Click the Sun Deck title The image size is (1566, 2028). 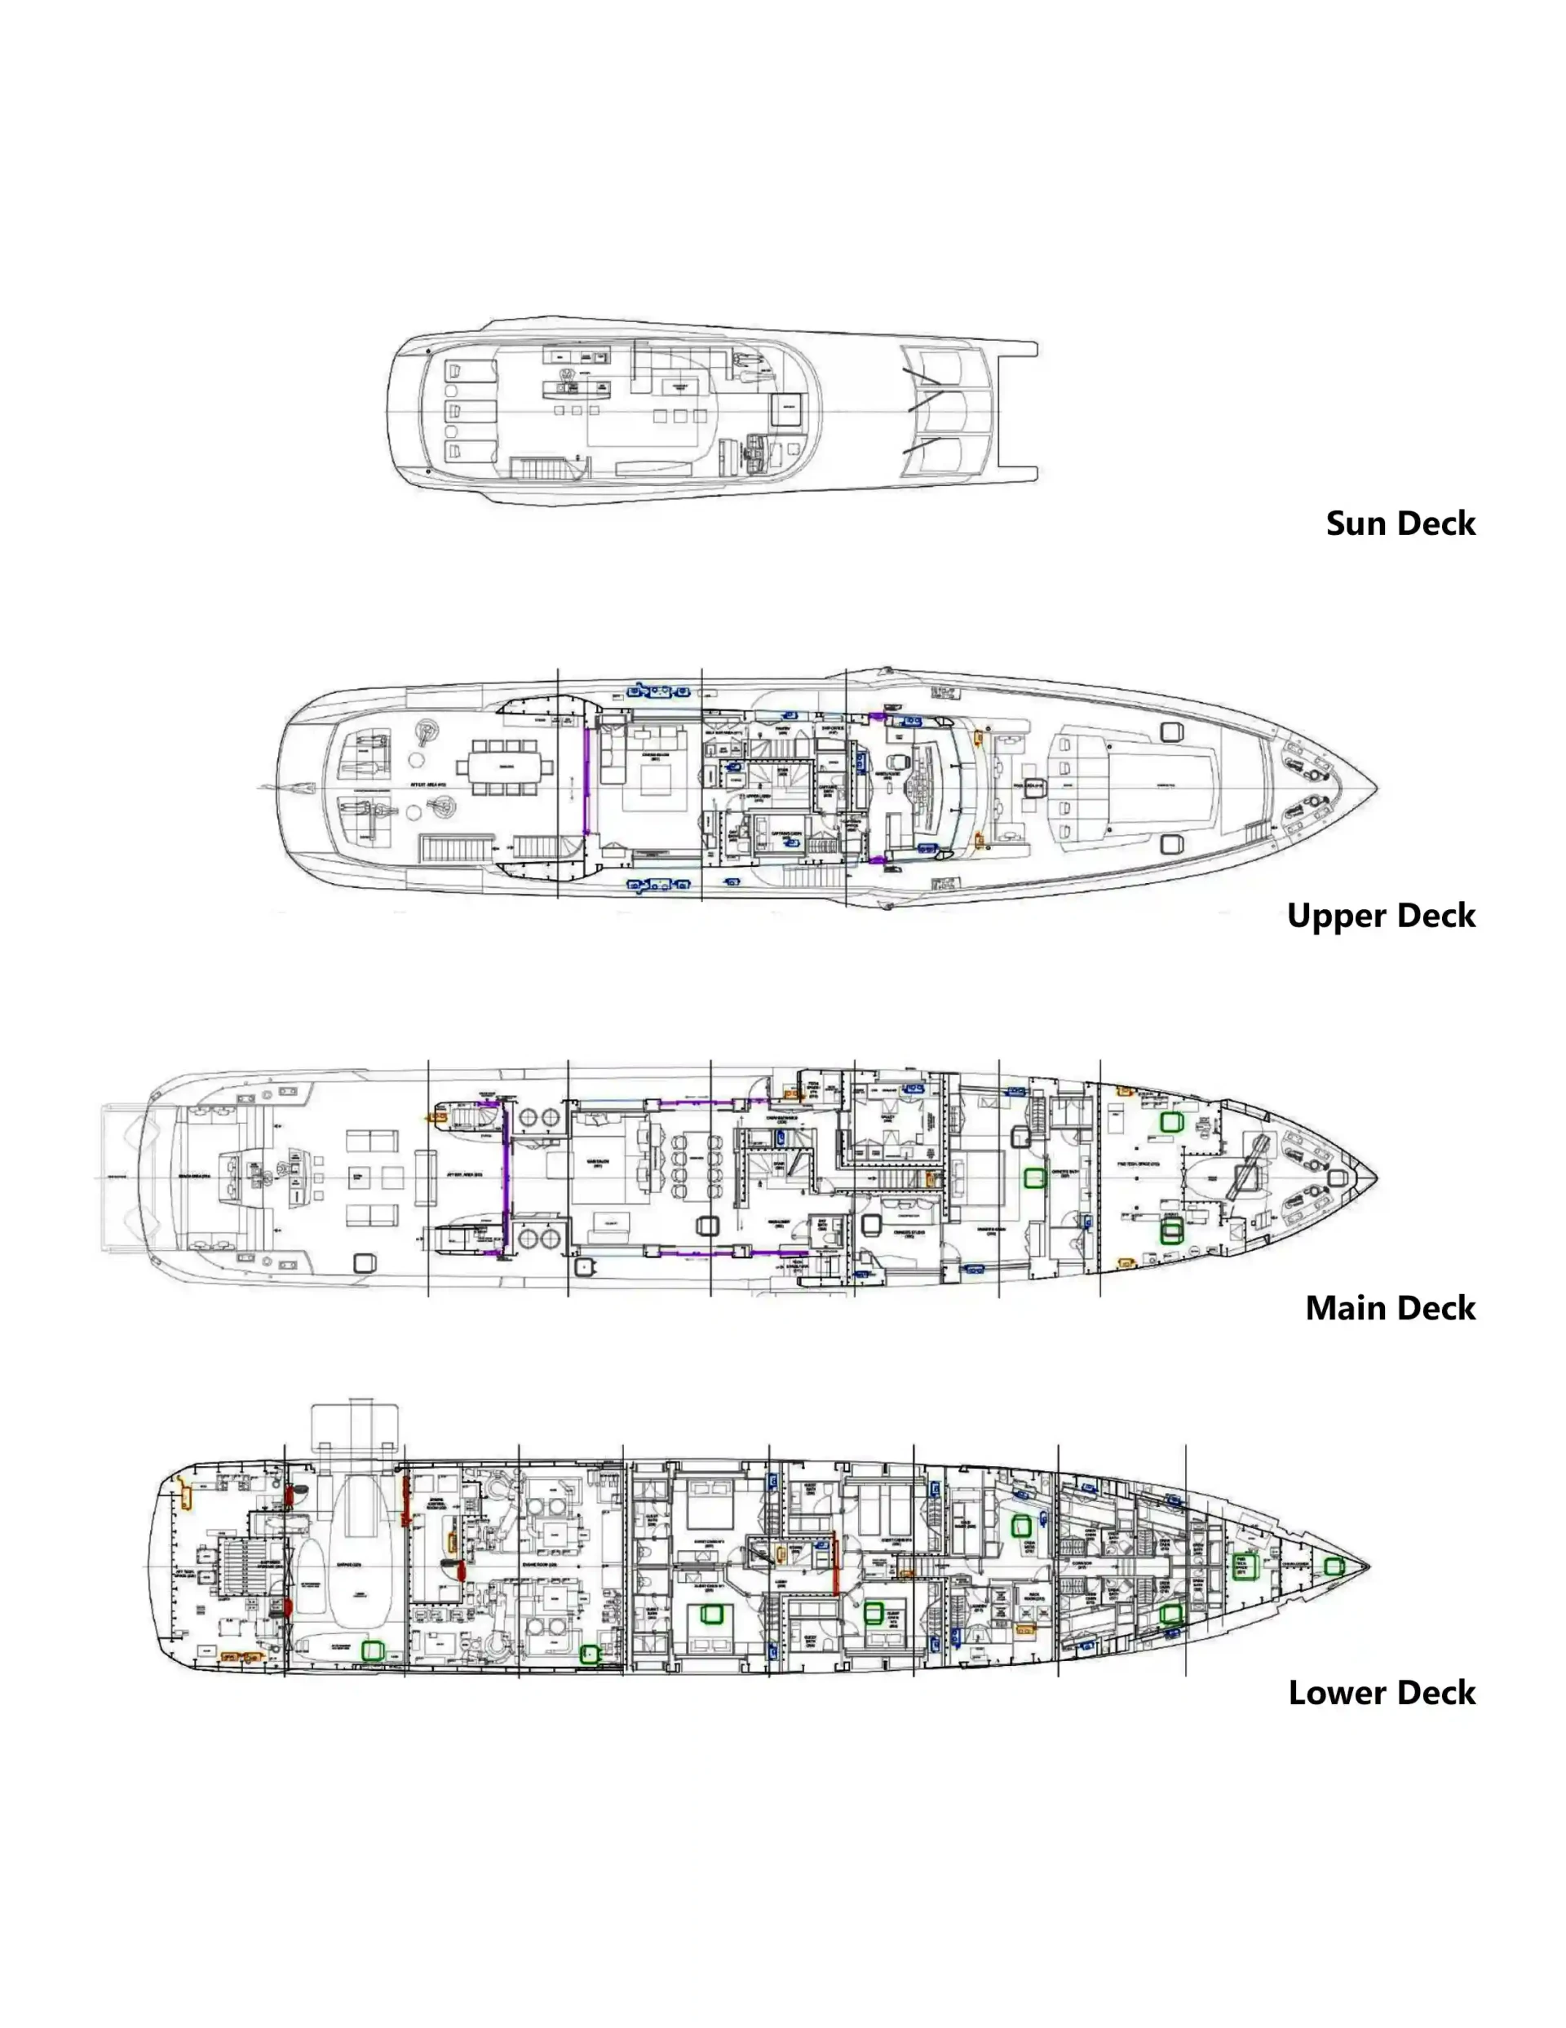pos(1399,523)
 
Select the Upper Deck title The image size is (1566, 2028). pos(1380,916)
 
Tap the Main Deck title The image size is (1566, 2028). pos(1390,1307)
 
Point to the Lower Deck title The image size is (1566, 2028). pos(1381,1693)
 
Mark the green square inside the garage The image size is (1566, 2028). pos(373,1650)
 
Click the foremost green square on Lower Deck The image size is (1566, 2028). pos(1334,1566)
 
